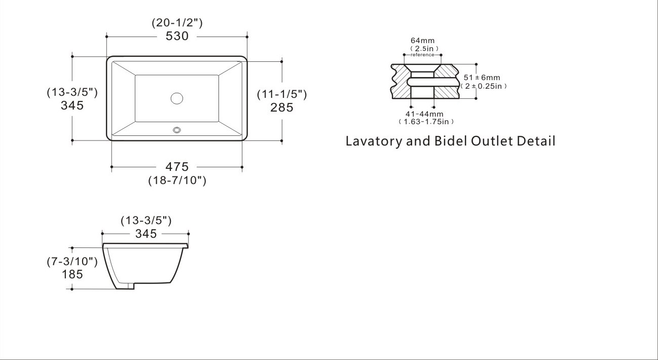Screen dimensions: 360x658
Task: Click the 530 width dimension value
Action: click(177, 37)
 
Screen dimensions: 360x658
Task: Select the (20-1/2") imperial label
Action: click(177, 23)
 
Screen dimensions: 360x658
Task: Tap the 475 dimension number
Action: click(177, 166)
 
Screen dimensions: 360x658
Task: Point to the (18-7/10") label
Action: click(177, 180)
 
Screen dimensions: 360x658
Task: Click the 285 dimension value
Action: click(282, 107)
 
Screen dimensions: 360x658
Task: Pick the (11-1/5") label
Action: click(282, 94)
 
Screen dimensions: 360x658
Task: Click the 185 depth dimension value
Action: click(72, 275)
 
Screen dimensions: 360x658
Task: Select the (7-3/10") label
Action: click(72, 262)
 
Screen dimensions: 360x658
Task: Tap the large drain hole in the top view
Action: click(177, 98)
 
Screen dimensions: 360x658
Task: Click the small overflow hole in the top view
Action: click(177, 130)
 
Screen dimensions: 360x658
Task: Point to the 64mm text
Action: click(422, 41)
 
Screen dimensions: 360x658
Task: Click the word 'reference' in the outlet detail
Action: click(422, 55)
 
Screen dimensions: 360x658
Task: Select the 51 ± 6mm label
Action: click(482, 78)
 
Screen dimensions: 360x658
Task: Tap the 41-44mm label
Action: click(424, 114)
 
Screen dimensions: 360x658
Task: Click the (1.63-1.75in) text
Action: click(426, 122)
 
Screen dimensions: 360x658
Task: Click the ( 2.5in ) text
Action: click(423, 48)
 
